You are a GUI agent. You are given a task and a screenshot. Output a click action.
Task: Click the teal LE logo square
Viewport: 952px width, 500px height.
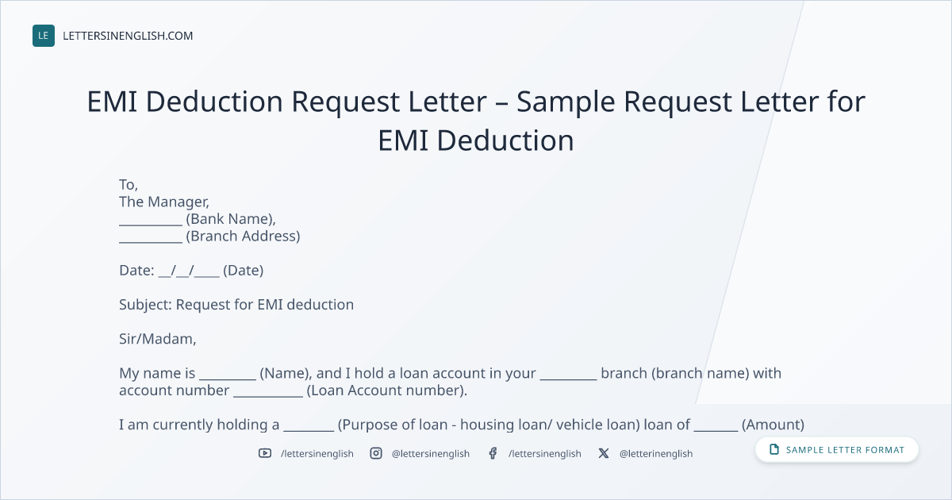coord(44,36)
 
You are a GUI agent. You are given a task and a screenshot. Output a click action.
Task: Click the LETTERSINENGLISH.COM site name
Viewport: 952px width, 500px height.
coord(128,36)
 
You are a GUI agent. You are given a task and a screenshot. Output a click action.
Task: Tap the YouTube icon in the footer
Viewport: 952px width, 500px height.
coord(265,453)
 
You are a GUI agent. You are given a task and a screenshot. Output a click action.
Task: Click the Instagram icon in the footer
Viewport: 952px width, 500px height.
coord(376,453)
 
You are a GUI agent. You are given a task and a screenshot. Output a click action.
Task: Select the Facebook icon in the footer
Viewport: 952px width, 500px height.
coord(493,453)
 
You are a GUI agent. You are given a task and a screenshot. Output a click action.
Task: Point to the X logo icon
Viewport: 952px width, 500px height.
coord(604,453)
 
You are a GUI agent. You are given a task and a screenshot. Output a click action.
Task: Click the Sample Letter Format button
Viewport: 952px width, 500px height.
coord(836,450)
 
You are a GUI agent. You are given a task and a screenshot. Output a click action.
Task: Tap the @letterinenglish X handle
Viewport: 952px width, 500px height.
coord(656,454)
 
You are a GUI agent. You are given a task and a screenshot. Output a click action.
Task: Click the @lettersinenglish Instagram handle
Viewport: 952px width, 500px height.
coord(431,454)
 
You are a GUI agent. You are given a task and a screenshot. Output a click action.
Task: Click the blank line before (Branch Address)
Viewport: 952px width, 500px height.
coord(151,242)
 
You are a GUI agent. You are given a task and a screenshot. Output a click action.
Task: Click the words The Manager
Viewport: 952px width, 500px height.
coord(163,202)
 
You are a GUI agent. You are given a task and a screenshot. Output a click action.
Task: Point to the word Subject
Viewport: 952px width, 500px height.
coord(144,305)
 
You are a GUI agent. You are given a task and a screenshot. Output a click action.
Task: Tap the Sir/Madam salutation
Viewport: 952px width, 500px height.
coord(158,339)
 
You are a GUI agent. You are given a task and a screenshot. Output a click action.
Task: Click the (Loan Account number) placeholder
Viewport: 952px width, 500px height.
coord(387,390)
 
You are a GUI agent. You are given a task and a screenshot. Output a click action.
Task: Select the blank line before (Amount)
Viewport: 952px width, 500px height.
coord(716,431)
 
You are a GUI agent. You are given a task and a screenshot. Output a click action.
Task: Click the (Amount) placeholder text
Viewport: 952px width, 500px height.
coord(773,425)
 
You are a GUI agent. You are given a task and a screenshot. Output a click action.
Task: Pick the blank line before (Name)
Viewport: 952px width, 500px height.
coord(228,379)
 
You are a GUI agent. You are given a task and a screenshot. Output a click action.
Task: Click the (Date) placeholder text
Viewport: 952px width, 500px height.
coord(243,271)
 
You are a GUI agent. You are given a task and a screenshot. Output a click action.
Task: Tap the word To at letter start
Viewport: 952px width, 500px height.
coord(128,184)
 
